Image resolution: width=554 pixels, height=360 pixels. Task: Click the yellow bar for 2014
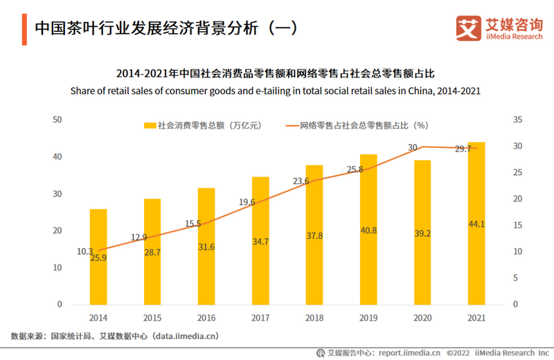(98, 256)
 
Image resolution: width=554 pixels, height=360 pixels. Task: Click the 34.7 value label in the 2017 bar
(260, 242)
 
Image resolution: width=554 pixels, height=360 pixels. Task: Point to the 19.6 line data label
(247, 202)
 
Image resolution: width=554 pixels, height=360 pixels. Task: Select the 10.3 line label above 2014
(84, 252)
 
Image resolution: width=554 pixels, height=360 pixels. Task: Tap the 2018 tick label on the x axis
(314, 317)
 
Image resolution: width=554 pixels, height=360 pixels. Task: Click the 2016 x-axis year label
(206, 317)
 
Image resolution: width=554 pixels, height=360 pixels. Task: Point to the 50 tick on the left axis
(58, 120)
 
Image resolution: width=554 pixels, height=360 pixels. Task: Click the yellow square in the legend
(149, 125)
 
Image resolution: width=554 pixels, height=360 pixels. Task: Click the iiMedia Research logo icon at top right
(467, 28)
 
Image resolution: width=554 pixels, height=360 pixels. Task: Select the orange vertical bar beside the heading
(24, 29)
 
